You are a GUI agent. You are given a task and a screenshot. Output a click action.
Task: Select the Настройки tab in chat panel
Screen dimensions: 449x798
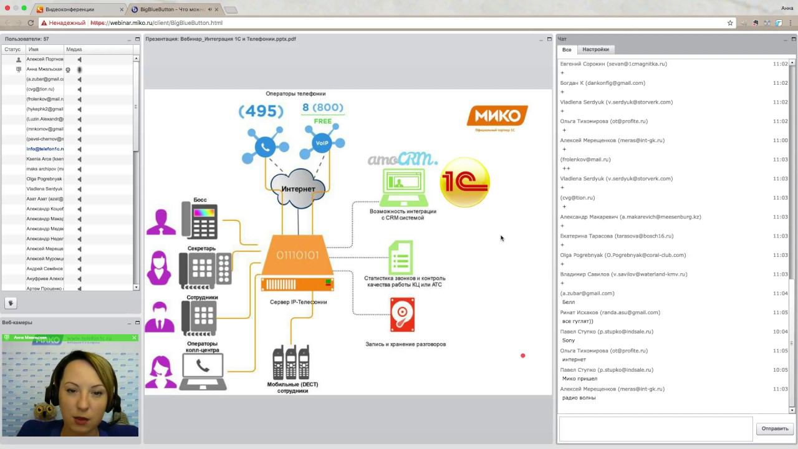coord(595,49)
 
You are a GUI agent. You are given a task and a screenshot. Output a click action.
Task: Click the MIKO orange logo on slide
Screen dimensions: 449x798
coord(497,116)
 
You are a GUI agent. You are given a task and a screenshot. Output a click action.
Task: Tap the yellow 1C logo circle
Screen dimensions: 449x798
coord(464,182)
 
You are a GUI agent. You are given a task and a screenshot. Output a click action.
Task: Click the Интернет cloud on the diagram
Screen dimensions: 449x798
coord(299,188)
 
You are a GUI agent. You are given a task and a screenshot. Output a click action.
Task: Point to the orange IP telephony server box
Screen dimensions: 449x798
coord(297,262)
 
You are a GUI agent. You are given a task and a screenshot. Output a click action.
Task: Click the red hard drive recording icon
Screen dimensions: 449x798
coord(402,315)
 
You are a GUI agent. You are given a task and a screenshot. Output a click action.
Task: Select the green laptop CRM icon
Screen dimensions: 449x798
coord(403,186)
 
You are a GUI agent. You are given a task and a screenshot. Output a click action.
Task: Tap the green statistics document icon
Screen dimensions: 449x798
coord(400,258)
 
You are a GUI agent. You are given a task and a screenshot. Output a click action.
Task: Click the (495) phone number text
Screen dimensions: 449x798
coord(261,111)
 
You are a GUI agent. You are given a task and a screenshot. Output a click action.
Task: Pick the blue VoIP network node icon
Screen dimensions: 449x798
coord(322,143)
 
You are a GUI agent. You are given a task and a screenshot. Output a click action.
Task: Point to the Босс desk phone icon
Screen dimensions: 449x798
coord(199,220)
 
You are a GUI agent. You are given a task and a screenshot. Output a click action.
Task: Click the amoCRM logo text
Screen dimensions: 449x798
coord(401,159)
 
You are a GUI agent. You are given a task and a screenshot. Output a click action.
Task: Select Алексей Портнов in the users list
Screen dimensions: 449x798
coord(45,59)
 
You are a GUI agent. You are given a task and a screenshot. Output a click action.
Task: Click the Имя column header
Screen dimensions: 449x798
coord(34,49)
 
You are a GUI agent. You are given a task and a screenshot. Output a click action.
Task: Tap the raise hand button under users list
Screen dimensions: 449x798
coord(11,303)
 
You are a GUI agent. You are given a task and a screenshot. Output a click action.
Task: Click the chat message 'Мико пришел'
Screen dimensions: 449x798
coord(579,379)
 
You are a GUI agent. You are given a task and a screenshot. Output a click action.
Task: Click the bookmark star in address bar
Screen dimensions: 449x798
coord(730,23)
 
